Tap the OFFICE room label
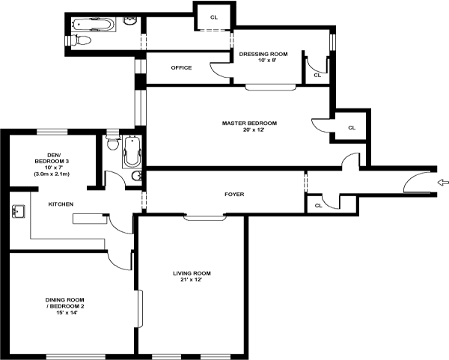[181, 68]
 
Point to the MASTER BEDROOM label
[249, 123]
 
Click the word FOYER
[234, 195]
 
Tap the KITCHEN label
[61, 204]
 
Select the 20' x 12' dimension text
[249, 131]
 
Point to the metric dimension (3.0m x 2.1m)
[52, 174]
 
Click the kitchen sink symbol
[17, 212]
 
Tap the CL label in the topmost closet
[214, 17]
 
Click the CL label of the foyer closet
[318, 204]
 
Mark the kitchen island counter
[91, 219]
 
